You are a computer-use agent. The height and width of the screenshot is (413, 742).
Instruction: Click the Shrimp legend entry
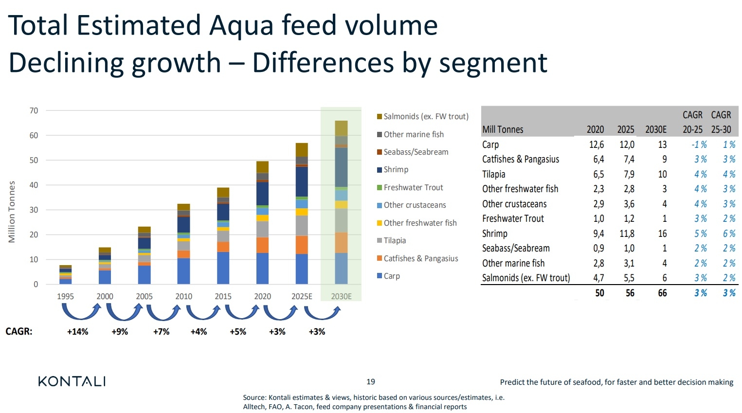pyautogui.click(x=396, y=169)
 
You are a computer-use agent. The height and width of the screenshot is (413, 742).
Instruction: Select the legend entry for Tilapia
pyautogui.click(x=394, y=240)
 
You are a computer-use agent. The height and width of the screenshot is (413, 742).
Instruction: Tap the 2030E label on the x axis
pyautogui.click(x=341, y=296)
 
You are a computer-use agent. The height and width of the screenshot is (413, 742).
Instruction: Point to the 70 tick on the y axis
pyautogui.click(x=34, y=110)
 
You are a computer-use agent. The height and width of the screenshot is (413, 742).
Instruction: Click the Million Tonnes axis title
pyautogui.click(x=12, y=212)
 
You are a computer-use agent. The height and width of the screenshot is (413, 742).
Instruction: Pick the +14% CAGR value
pyautogui.click(x=77, y=332)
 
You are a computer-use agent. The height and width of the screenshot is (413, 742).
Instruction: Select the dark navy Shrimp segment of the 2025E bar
pyautogui.click(x=302, y=181)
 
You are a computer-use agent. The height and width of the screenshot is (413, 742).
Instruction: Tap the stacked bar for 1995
pyautogui.click(x=66, y=275)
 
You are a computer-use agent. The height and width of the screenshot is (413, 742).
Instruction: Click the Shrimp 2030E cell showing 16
pyautogui.click(x=662, y=233)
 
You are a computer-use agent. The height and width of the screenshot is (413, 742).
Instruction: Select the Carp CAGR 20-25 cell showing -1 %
pyautogui.click(x=699, y=144)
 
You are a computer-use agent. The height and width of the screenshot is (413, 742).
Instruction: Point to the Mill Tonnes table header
pyautogui.click(x=503, y=129)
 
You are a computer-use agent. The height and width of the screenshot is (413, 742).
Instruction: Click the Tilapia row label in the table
pyautogui.click(x=493, y=174)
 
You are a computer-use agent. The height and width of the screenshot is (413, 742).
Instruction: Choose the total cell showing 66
pyautogui.click(x=662, y=293)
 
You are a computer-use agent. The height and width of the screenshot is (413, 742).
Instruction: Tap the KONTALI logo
pyautogui.click(x=72, y=381)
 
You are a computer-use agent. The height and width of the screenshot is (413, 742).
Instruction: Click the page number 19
pyautogui.click(x=371, y=382)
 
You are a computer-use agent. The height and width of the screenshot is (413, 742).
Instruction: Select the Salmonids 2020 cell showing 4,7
pyautogui.click(x=598, y=278)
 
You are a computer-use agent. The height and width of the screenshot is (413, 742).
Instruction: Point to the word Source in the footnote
pyautogui.click(x=254, y=397)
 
